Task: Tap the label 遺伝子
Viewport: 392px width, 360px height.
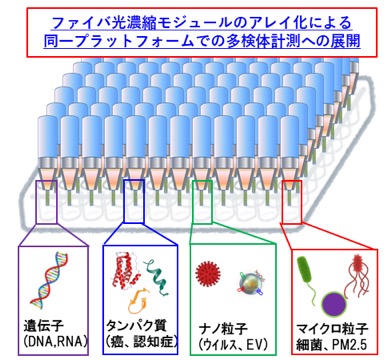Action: [44, 325]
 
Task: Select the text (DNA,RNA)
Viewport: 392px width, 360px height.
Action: [55, 341]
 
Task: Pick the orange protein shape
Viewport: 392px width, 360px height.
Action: [138, 301]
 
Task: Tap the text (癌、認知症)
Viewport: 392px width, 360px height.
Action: [141, 342]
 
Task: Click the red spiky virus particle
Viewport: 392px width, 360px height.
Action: [208, 275]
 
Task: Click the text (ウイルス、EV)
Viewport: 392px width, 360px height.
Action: [233, 345]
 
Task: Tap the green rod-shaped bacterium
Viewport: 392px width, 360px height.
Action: [306, 276]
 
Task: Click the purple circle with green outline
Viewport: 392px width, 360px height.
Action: [334, 305]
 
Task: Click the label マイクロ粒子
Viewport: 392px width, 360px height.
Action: [332, 329]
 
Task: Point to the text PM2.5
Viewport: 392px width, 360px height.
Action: [349, 345]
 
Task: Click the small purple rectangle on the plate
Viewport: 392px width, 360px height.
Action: [46, 202]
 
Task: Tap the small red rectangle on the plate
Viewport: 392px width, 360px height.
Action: [292, 202]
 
